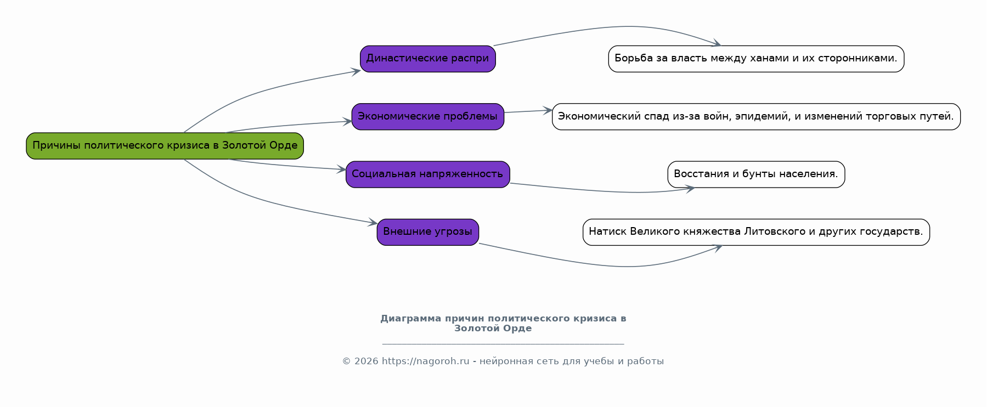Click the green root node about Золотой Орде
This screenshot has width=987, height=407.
(165, 146)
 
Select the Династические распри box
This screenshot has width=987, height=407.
(428, 59)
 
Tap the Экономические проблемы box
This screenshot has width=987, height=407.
(428, 117)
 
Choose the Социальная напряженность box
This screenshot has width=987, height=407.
(428, 174)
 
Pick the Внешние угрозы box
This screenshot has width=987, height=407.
(428, 232)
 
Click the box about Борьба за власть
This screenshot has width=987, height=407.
(756, 59)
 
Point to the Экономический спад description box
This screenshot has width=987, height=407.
(756, 117)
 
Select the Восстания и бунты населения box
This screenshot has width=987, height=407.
(756, 174)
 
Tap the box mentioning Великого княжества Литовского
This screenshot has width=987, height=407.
(756, 232)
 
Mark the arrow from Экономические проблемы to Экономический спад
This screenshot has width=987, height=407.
(528, 111)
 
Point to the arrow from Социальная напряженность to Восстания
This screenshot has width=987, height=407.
(604, 190)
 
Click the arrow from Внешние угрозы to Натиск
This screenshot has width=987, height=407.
(604, 264)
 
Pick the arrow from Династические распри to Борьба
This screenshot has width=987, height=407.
(604, 27)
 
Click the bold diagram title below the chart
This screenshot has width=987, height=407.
(503, 323)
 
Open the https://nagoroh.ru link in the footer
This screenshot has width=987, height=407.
(426, 361)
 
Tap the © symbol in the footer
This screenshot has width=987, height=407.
(347, 361)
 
